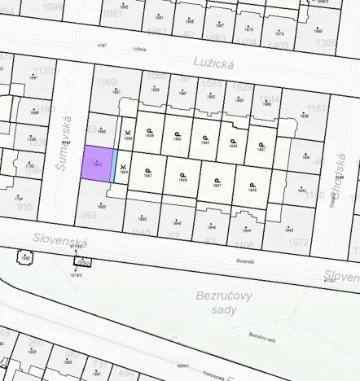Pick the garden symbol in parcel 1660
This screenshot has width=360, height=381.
pyautogui.click(x=178, y=132)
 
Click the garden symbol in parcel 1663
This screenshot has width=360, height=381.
pyautogui.click(x=205, y=135)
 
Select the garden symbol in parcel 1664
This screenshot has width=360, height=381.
pyautogui.click(x=233, y=138)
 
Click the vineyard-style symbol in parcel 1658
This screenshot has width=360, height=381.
pyautogui.click(x=128, y=131)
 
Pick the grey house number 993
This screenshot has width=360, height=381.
pyautogui.click(x=90, y=215)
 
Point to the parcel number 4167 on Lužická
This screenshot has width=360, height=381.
pyautogui.click(x=102, y=46)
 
